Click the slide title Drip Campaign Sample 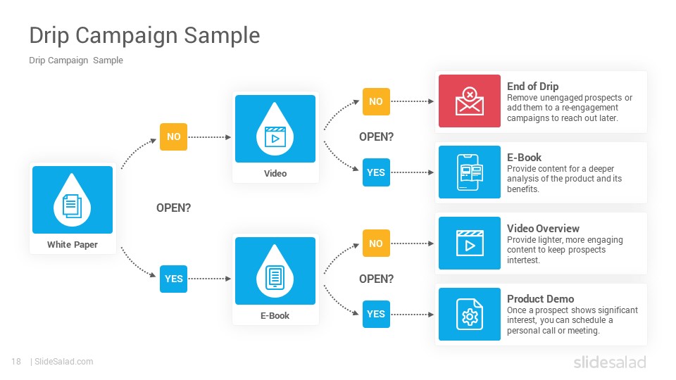coord(144,35)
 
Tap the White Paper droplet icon coord(73,200)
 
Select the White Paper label coord(73,245)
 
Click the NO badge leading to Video coord(173,137)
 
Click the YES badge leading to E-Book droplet coord(173,279)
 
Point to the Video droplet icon coord(275,129)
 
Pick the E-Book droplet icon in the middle coord(275,271)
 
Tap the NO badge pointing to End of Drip coord(376,101)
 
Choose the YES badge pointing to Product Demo coord(376,314)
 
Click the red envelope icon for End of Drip coord(470,101)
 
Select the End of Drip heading coord(532,86)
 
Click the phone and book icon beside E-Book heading coord(470,172)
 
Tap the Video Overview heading coord(543,228)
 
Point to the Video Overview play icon coord(470,243)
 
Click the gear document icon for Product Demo coord(470,314)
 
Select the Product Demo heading coord(541,299)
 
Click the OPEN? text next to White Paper coord(173,208)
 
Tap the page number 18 coord(16,362)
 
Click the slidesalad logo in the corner coord(610,362)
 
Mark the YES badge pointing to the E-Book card coord(376,172)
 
